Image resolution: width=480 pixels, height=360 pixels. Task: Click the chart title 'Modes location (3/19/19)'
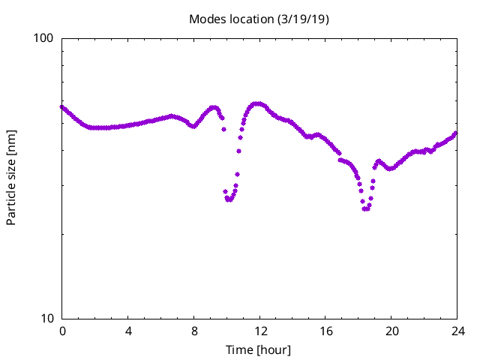[259, 19]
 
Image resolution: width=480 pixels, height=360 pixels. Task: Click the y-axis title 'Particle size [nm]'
[11, 178]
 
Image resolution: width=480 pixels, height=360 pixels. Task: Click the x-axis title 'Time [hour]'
[259, 350]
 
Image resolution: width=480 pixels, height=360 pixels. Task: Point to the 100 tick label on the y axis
[46, 38]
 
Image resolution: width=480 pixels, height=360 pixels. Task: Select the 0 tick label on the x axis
[62, 331]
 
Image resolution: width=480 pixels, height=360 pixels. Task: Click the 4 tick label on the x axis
[128, 331]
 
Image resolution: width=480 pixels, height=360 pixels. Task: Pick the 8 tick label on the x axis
[194, 331]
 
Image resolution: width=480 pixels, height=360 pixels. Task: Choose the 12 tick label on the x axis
[259, 331]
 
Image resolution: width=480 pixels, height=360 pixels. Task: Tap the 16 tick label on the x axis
[325, 331]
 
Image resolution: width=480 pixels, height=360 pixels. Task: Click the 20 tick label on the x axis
[391, 331]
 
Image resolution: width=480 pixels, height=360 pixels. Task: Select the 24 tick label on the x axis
[457, 331]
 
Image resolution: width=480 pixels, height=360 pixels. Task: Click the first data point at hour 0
[62, 106]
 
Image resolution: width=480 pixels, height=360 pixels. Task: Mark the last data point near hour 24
[455, 133]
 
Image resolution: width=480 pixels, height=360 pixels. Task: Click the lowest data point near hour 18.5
[365, 208]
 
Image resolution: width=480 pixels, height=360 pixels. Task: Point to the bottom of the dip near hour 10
[229, 199]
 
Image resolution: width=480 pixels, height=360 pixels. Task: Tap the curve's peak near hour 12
[258, 103]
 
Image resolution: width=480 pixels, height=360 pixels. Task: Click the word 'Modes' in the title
[206, 19]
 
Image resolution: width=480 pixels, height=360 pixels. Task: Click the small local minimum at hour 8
[193, 126]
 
